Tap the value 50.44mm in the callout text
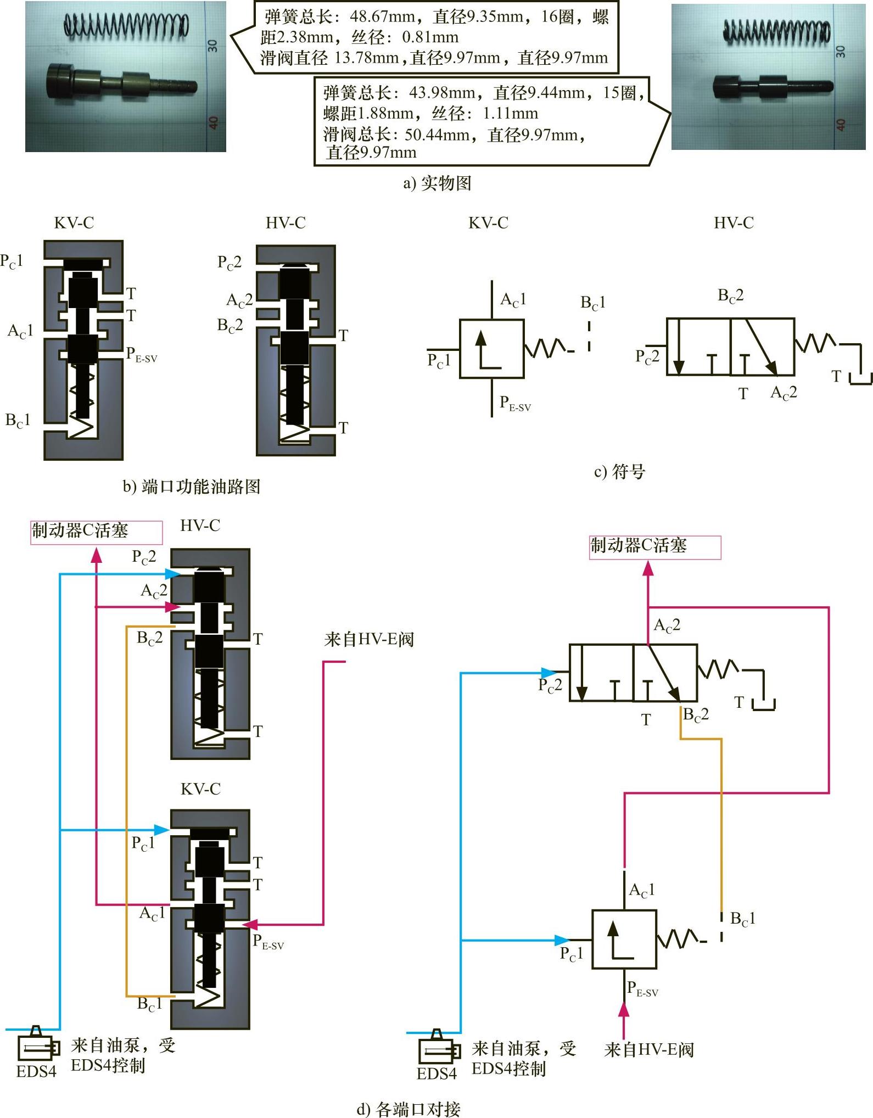(436, 135)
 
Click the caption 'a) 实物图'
(438, 183)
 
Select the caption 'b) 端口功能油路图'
(192, 487)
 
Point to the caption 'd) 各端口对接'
(408, 1109)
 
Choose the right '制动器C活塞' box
(655, 547)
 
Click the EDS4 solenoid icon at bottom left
(38, 1046)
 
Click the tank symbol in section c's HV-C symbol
(861, 379)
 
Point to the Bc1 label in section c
(593, 303)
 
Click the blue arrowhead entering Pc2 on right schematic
(550, 673)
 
